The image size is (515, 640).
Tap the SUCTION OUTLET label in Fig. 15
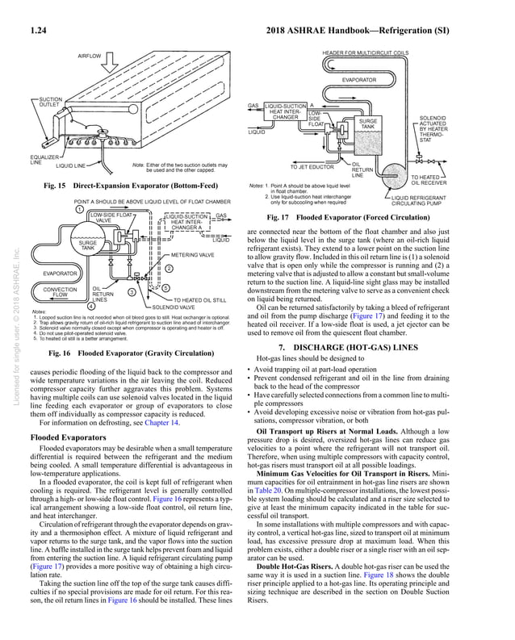point(46,105)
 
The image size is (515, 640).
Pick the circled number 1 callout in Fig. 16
point(79,208)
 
